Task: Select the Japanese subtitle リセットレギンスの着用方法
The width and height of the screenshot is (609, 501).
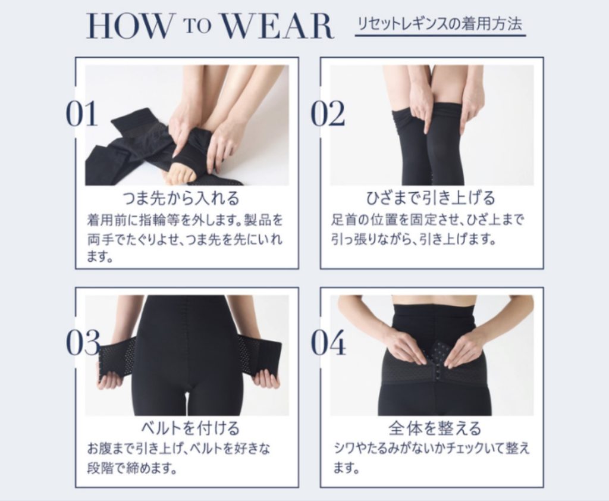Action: click(x=440, y=25)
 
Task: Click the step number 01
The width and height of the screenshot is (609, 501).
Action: click(x=81, y=114)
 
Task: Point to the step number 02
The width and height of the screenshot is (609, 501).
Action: click(x=328, y=114)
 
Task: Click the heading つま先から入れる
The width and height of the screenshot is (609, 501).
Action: click(x=180, y=198)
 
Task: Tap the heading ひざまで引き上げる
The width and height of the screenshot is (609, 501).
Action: click(x=431, y=198)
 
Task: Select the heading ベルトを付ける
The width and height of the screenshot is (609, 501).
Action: click(x=189, y=427)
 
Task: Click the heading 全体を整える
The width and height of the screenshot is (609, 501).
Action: click(x=434, y=427)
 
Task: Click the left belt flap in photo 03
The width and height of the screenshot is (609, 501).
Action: click(x=117, y=358)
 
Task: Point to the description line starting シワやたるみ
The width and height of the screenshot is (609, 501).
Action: click(x=431, y=448)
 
